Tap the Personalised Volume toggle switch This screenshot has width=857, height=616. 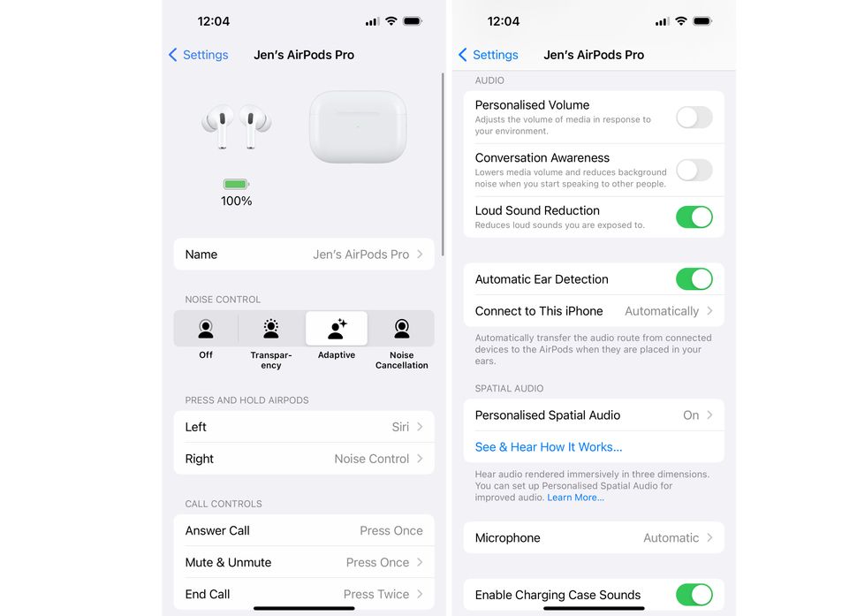[694, 117]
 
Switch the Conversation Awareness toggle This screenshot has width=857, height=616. [694, 170]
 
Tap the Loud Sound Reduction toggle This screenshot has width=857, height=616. [694, 217]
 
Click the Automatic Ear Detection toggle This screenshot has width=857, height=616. [694, 279]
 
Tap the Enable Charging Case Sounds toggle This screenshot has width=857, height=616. [694, 595]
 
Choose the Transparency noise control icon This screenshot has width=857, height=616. [271, 329]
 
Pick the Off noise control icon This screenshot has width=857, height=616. [206, 329]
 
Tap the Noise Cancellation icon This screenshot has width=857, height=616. [402, 329]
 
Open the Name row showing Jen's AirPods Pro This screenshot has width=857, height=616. [303, 255]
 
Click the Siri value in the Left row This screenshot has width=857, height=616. [400, 427]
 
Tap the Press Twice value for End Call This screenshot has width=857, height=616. [376, 594]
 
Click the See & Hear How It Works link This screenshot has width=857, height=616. [549, 447]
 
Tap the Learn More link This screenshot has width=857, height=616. [575, 498]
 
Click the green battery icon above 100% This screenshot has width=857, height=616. [236, 184]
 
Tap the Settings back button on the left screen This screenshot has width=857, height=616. [199, 55]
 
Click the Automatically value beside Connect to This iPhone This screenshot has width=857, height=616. [662, 311]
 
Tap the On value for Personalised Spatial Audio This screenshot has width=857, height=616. [691, 415]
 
